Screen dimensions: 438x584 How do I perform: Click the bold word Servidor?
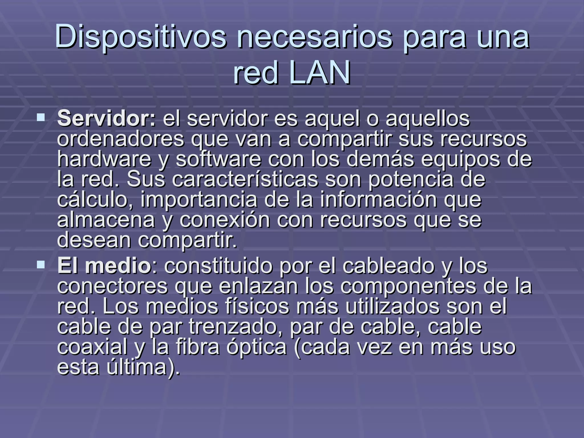click(x=106, y=119)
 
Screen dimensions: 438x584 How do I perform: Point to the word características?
click(x=245, y=179)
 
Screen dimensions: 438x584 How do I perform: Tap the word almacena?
click(x=106, y=220)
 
